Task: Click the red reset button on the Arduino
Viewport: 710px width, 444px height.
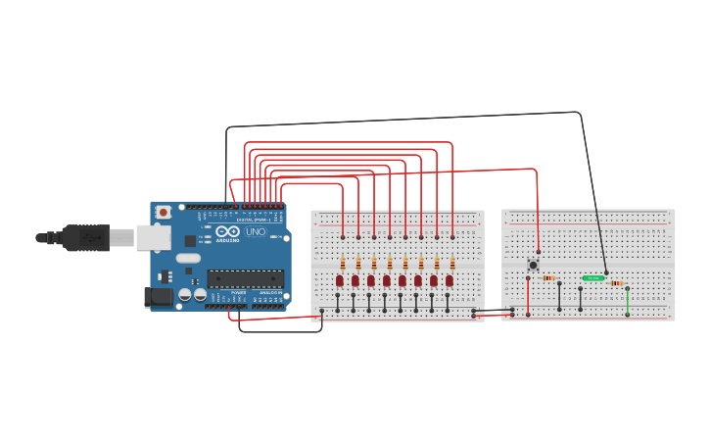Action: (x=163, y=212)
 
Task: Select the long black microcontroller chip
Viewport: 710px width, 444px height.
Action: (x=245, y=278)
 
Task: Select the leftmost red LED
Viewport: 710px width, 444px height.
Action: (x=340, y=280)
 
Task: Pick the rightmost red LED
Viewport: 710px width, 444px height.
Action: (x=450, y=280)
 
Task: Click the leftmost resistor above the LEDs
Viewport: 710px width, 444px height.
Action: (x=343, y=264)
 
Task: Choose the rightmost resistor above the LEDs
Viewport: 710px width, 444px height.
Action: (x=452, y=264)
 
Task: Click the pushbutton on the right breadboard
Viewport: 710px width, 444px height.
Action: (x=534, y=264)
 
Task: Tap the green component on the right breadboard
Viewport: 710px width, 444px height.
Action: (x=592, y=278)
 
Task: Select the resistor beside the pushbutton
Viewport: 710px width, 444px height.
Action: (x=548, y=278)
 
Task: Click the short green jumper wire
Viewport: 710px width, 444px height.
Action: (x=628, y=301)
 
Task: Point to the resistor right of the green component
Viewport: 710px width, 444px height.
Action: (x=617, y=283)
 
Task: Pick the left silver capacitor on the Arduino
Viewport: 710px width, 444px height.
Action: (x=184, y=294)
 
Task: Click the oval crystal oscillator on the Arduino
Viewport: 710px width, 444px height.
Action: (x=188, y=259)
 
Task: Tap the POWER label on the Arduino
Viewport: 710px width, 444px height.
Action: (x=239, y=292)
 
